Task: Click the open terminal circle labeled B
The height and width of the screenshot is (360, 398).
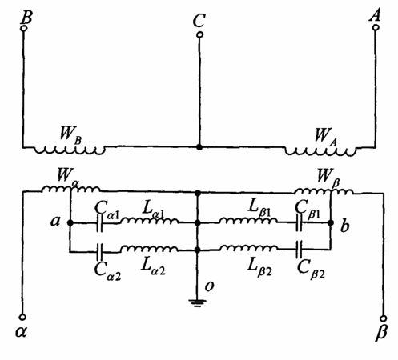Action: click(x=24, y=28)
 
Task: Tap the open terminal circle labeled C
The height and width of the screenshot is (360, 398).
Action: click(x=199, y=34)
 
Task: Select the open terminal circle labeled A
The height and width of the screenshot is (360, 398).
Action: click(x=376, y=27)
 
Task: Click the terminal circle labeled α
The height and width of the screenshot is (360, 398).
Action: click(x=23, y=317)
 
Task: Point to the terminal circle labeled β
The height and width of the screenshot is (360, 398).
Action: click(x=384, y=318)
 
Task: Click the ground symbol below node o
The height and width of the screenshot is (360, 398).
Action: click(x=197, y=303)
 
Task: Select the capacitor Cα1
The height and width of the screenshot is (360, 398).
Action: click(x=100, y=223)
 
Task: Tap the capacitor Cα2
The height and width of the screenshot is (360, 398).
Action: click(x=100, y=252)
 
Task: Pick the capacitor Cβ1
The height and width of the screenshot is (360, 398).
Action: click(x=300, y=222)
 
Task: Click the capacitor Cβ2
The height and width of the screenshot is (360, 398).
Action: click(x=299, y=250)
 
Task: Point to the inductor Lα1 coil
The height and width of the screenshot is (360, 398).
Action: click(x=150, y=221)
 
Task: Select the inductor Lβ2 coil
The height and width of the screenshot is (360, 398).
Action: click(x=248, y=248)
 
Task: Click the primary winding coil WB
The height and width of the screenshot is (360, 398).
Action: click(x=70, y=150)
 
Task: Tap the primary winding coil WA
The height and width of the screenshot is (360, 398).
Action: click(x=320, y=151)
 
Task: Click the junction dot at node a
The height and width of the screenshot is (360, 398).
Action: click(x=70, y=222)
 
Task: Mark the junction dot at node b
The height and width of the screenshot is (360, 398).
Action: click(x=331, y=222)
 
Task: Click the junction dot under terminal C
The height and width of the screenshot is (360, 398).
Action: click(x=199, y=147)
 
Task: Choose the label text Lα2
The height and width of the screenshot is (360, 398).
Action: click(x=153, y=267)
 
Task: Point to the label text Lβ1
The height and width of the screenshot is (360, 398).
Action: click(x=259, y=208)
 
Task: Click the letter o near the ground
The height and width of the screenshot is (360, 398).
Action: click(x=210, y=286)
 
